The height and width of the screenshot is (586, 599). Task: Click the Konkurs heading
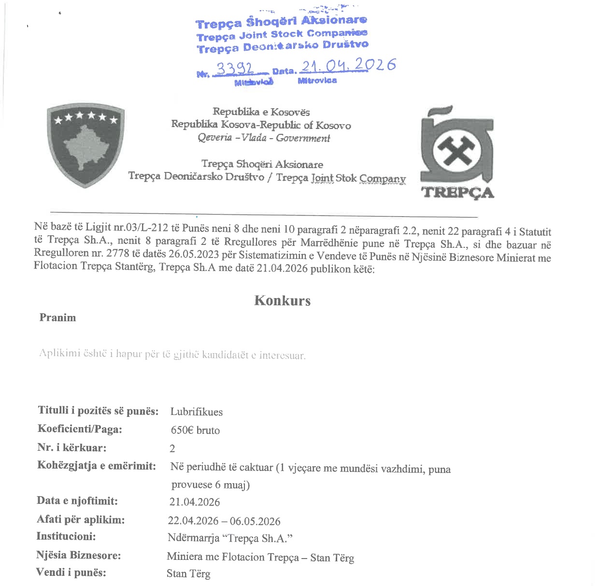tap(282, 300)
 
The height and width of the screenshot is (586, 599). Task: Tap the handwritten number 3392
tap(234, 69)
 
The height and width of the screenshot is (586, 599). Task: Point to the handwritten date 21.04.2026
tap(348, 65)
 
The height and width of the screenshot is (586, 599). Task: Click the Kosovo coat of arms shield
tap(86, 145)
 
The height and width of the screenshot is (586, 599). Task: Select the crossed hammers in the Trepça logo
tap(456, 150)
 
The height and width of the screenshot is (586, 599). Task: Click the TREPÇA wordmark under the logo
tap(457, 193)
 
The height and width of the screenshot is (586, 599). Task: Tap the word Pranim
tap(57, 317)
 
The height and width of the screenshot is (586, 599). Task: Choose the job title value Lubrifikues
tap(196, 412)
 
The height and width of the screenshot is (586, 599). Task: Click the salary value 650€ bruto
tap(195, 430)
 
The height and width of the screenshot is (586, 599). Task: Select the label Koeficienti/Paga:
tap(80, 429)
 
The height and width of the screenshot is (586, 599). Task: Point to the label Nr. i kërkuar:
tap(72, 447)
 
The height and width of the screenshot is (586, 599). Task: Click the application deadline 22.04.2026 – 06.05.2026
tap(224, 521)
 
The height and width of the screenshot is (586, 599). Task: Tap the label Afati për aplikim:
tap(81, 519)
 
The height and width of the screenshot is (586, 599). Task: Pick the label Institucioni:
tap(66, 536)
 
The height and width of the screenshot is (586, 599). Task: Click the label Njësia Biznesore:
tap(78, 555)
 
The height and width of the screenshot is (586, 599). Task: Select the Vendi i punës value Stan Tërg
tap(188, 574)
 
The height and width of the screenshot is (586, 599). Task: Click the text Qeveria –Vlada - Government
tap(264, 138)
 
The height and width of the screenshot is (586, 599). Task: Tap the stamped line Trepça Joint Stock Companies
tap(282, 34)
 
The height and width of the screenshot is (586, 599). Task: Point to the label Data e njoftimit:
tap(77, 500)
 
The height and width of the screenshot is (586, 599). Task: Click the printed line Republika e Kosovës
tap(261, 112)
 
